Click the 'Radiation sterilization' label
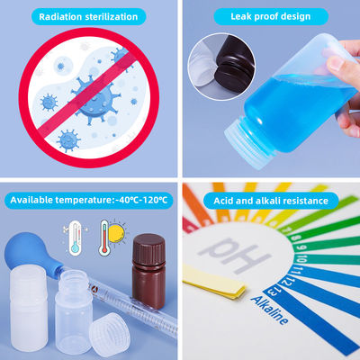click(88, 16)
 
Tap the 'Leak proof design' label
click(271, 16)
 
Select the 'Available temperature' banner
click(89, 200)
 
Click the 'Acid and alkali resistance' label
click(271, 201)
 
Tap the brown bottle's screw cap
click(148, 249)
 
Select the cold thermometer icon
click(75, 238)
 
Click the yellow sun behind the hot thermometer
click(116, 234)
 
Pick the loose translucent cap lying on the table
click(110, 335)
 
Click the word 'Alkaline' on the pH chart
click(270, 310)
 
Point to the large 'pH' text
click(235, 255)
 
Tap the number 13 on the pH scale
click(272, 292)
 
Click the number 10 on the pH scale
click(301, 258)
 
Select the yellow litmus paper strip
click(214, 282)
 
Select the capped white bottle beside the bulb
click(29, 308)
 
